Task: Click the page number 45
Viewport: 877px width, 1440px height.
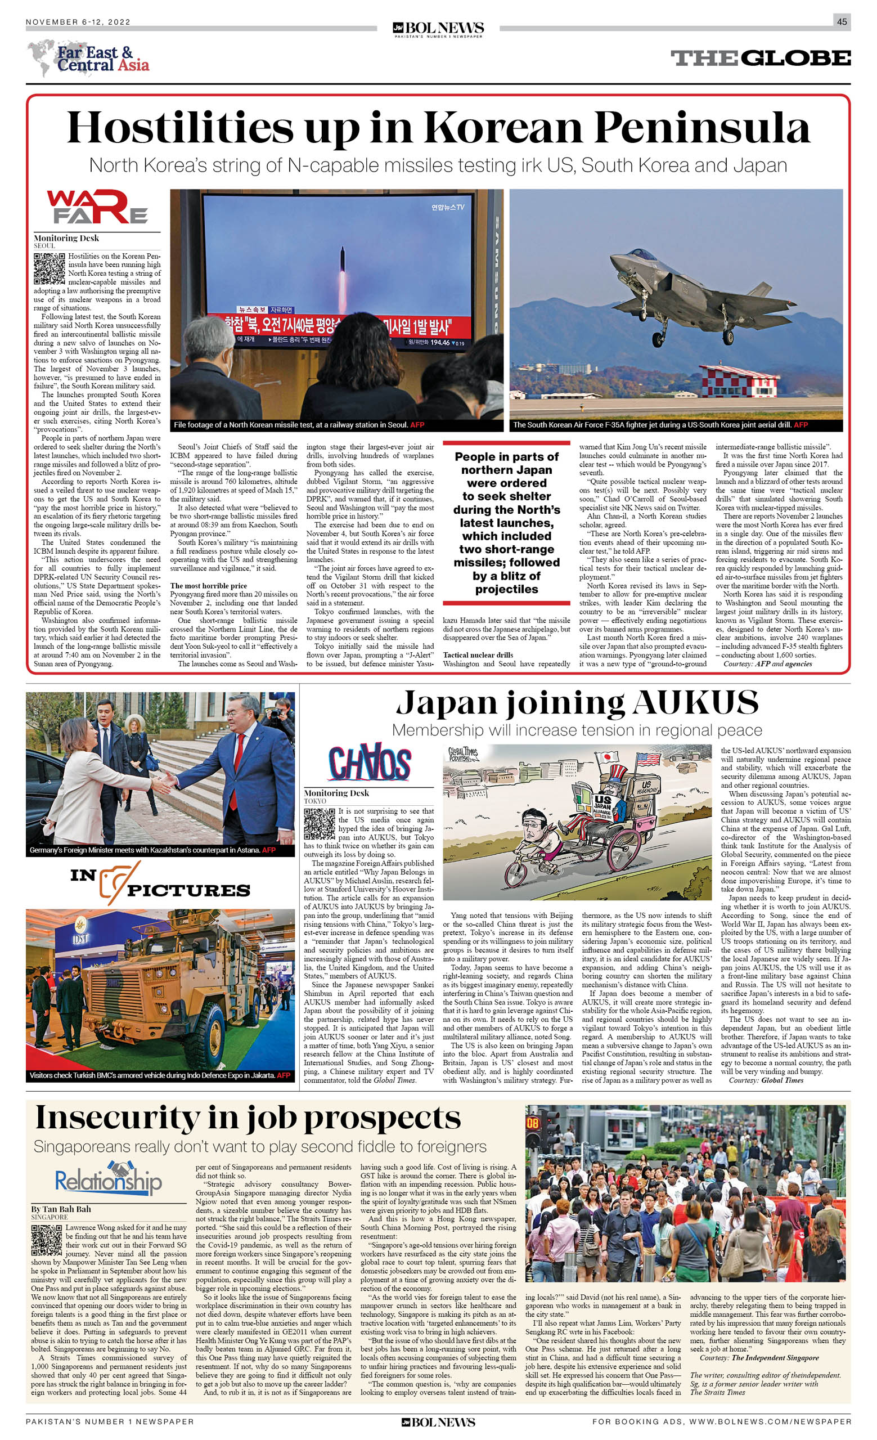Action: coord(842,21)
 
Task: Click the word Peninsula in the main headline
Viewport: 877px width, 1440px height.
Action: coord(701,127)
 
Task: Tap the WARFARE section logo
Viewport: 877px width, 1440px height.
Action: coord(97,207)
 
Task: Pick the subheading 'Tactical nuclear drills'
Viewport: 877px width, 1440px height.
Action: coord(478,655)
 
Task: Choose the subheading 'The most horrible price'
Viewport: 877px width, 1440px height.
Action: coord(209,586)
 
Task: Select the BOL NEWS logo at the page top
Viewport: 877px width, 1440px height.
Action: coord(438,28)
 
